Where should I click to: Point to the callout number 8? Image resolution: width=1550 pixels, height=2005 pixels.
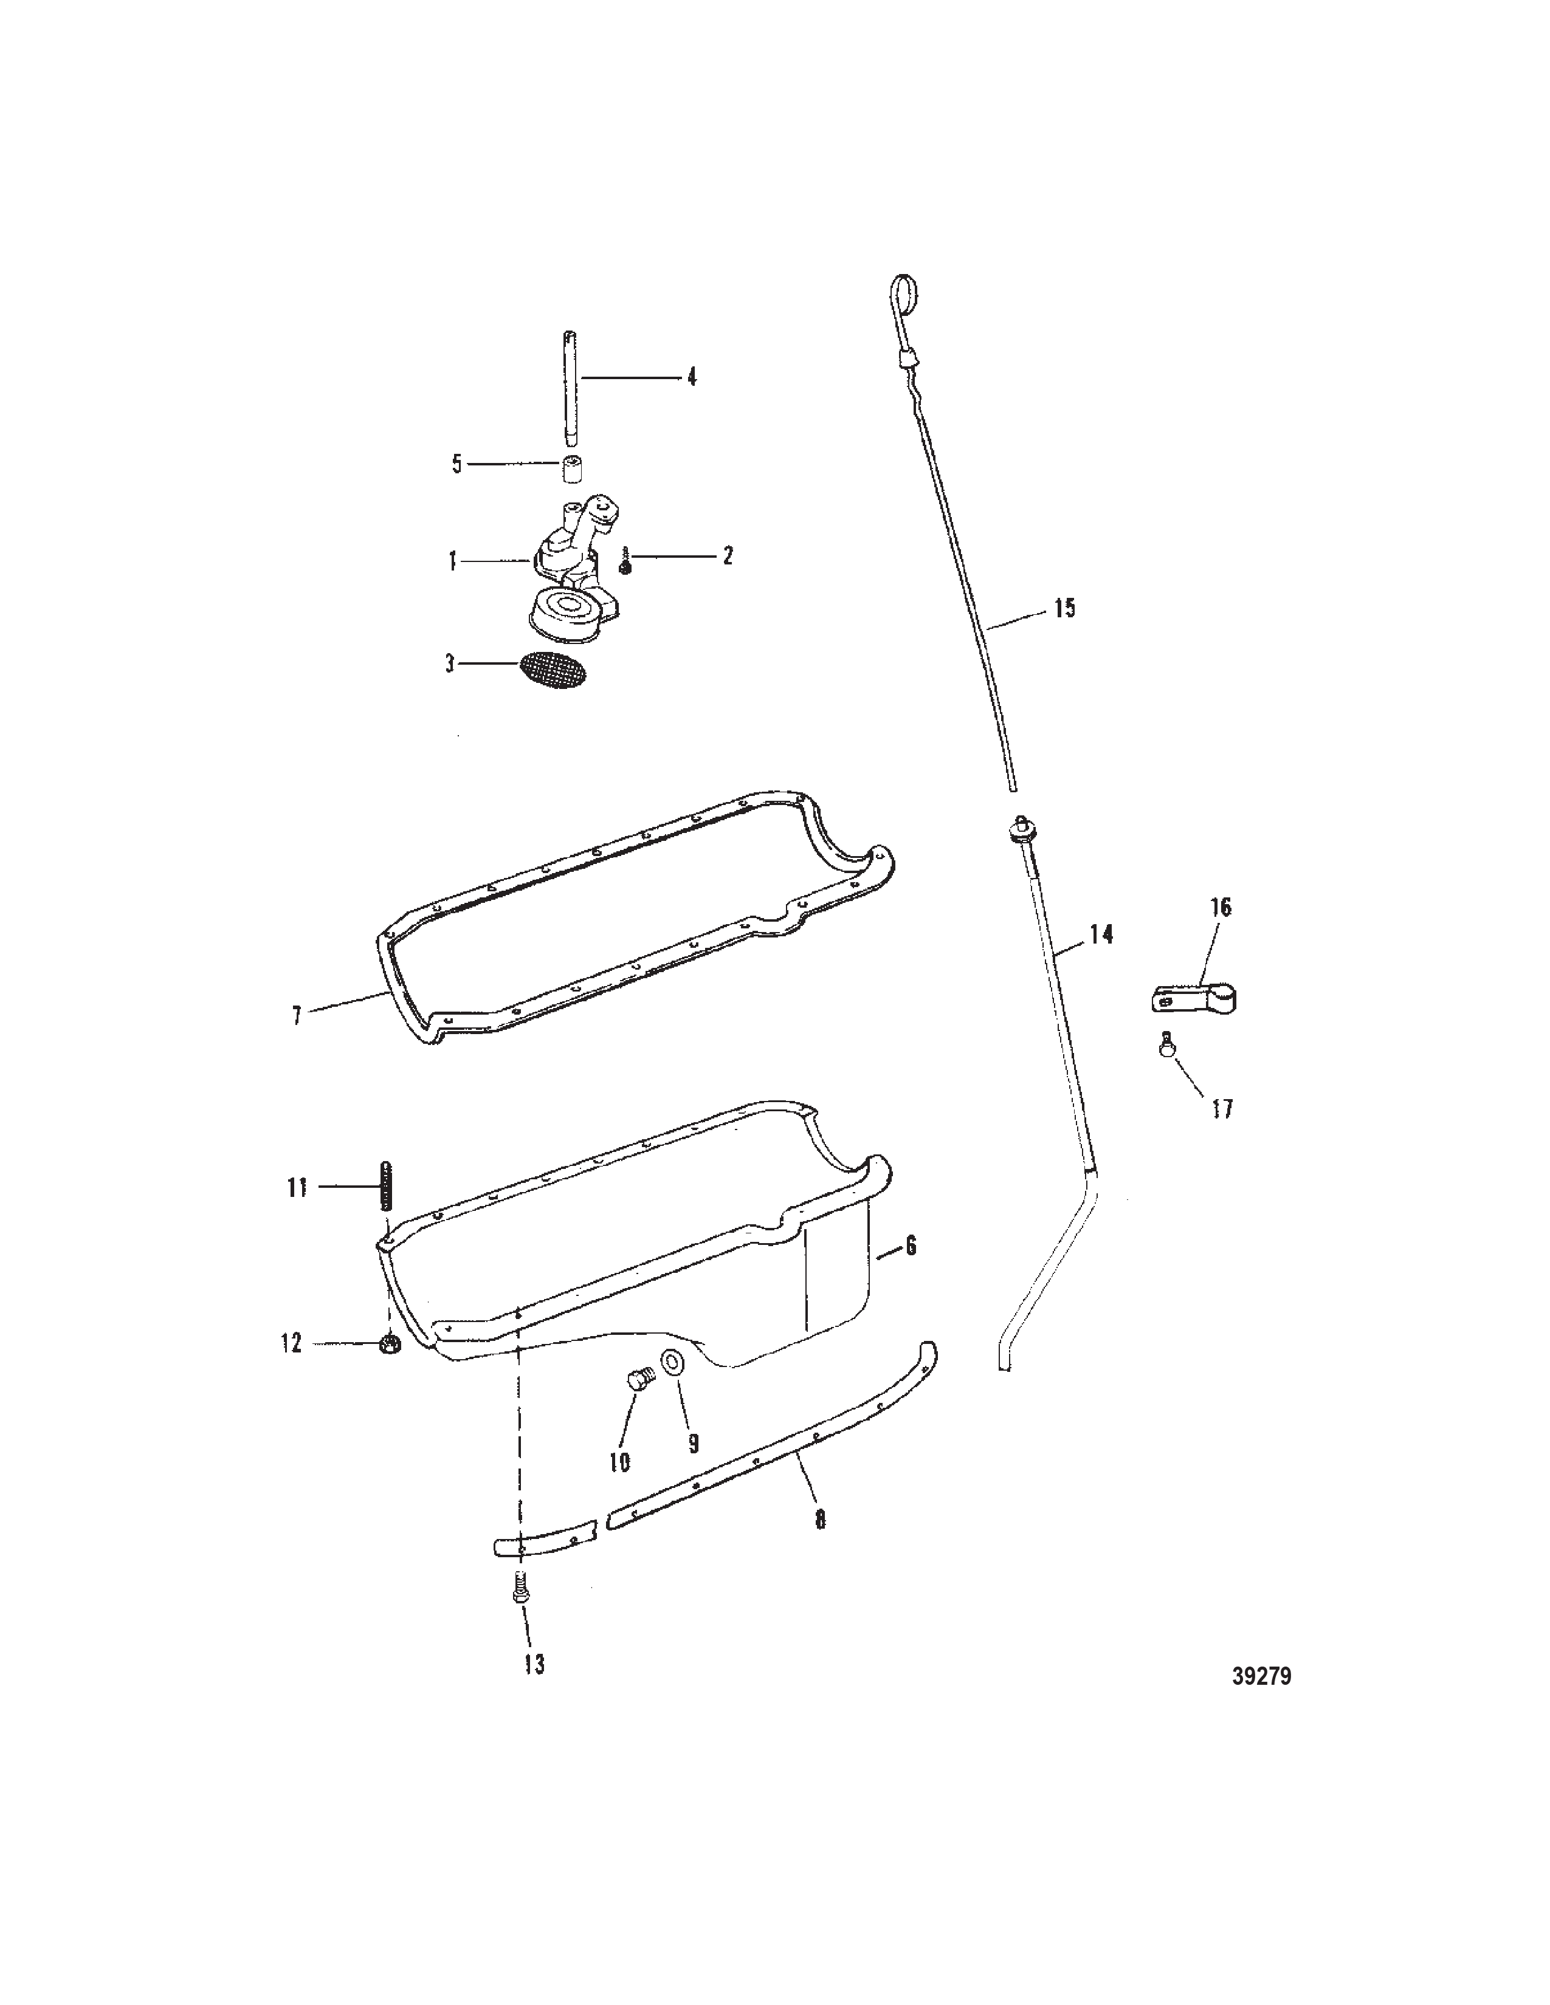coord(820,1520)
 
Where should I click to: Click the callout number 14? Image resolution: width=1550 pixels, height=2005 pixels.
coord(1101,934)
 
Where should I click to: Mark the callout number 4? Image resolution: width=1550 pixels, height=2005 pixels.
coord(692,377)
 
